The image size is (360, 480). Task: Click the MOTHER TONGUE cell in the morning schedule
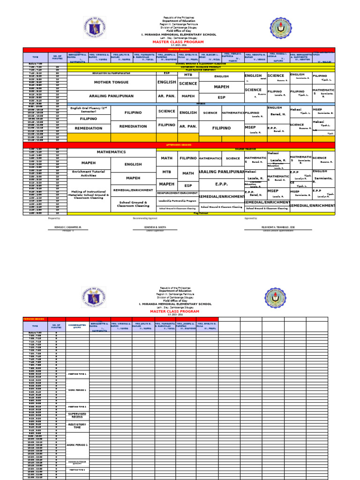[x=112, y=82]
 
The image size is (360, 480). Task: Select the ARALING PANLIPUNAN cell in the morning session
[x=112, y=96]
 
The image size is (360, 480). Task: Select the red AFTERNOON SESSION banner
[x=180, y=145]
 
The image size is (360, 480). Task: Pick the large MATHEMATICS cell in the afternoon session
[x=112, y=152]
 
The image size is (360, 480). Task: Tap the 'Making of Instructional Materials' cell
[x=89, y=195]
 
